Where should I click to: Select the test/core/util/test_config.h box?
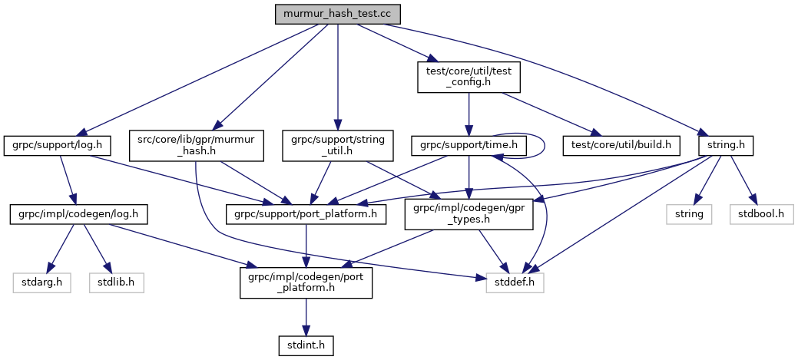tap(469, 78)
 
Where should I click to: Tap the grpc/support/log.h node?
tap(58, 144)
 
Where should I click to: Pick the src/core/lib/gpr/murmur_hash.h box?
tap(197, 144)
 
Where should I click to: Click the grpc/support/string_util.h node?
tap(339, 144)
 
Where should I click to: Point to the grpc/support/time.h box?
tap(465, 144)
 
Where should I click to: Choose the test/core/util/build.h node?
tap(622, 144)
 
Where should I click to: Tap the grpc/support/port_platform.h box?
tap(306, 213)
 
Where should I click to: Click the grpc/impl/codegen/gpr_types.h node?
tap(469, 213)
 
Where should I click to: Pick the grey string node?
tap(689, 213)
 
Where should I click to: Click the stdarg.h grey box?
tap(42, 282)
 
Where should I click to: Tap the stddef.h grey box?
tap(515, 282)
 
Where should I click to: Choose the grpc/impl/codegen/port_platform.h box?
tap(306, 282)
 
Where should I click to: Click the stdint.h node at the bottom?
tap(306, 345)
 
